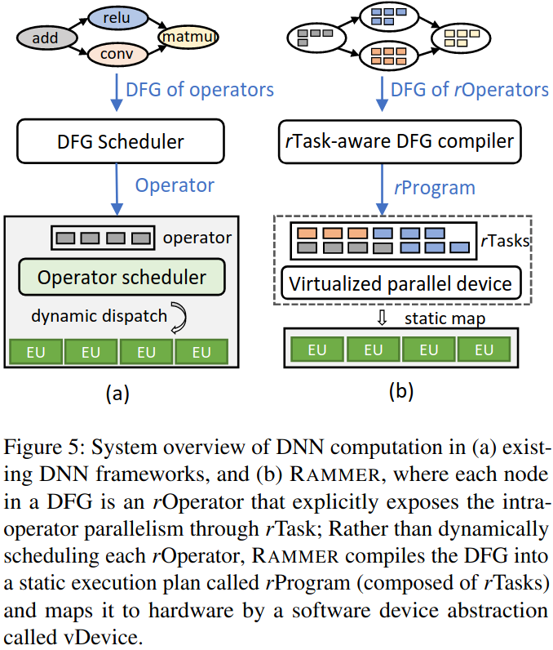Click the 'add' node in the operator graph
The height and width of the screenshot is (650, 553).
[x=46, y=38]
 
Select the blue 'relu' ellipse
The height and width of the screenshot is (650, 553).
[x=118, y=18]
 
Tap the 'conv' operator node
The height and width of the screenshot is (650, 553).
[x=118, y=53]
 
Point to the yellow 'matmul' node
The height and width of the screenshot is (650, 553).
[x=188, y=37]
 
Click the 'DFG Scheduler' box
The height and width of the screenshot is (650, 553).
[x=121, y=141]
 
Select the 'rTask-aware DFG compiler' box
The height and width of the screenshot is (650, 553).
[x=400, y=142]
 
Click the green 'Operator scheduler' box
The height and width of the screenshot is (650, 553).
[x=122, y=277]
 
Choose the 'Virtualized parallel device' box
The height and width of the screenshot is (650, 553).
[x=400, y=283]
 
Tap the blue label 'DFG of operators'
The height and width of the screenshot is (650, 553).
[x=200, y=90]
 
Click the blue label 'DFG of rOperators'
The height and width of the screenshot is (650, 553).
[x=469, y=90]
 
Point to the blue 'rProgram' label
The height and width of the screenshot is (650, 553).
[x=435, y=188]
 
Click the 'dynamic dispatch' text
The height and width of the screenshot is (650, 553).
[x=99, y=316]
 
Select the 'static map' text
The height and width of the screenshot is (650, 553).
[x=445, y=318]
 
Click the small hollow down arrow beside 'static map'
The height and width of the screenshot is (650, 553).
[x=382, y=318]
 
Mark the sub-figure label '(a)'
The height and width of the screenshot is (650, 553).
[x=117, y=393]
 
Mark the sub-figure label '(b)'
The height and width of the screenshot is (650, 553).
[x=401, y=390]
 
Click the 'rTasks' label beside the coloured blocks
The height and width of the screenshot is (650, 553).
[x=506, y=240]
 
